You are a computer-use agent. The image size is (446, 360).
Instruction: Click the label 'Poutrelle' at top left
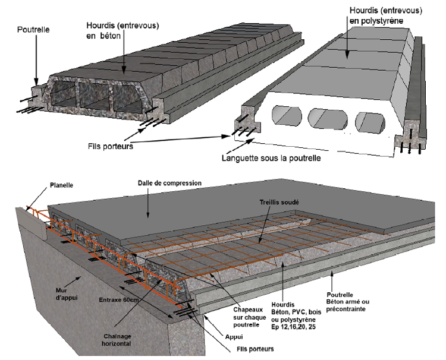click(34, 28)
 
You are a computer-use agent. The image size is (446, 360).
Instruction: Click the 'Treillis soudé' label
click(279, 202)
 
